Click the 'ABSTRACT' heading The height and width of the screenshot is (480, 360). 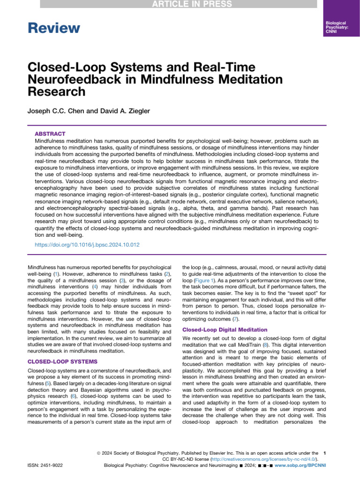click(x=50, y=134)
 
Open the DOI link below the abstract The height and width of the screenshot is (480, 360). click(x=87, y=245)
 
